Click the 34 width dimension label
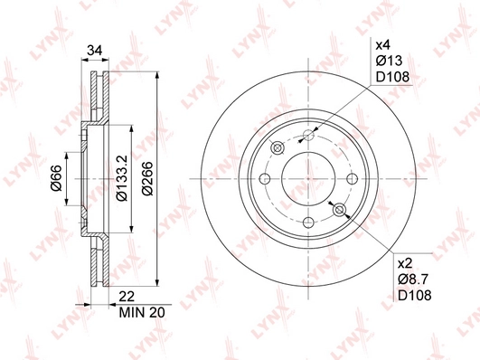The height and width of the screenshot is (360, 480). [94, 50]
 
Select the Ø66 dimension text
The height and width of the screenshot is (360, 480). [57, 178]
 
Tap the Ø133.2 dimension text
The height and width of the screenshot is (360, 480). [122, 178]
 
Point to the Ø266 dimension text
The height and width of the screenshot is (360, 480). [147, 178]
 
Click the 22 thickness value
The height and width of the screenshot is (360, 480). [127, 297]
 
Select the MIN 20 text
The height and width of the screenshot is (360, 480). [142, 312]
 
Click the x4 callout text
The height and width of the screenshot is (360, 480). [383, 45]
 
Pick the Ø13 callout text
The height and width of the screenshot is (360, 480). [389, 61]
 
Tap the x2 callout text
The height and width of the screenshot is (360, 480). [405, 263]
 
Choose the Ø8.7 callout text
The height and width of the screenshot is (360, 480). [413, 279]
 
